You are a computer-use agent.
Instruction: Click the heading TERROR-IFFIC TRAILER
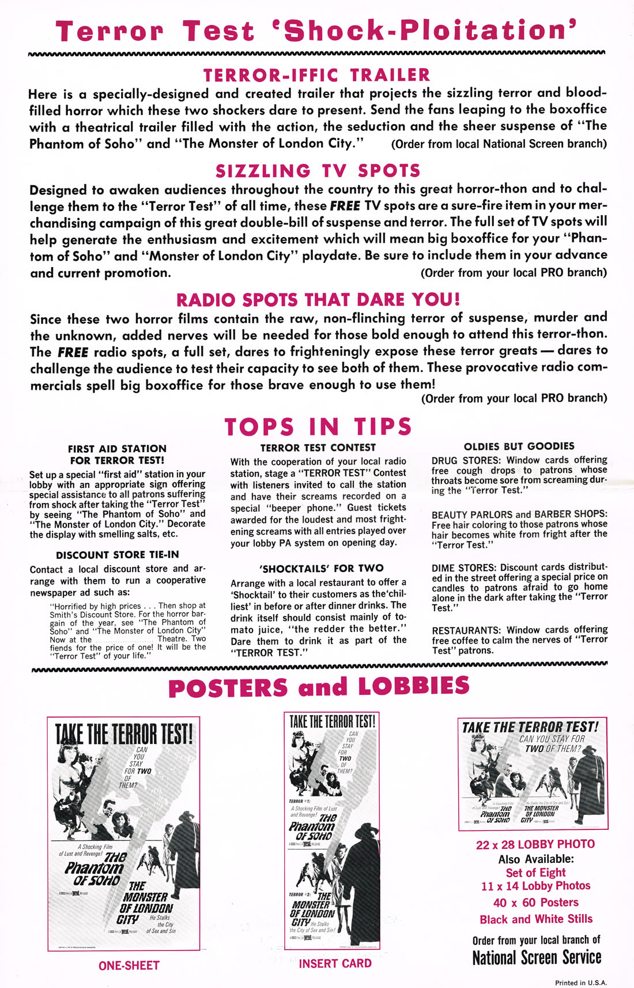tap(316, 75)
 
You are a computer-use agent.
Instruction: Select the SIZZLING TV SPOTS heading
tap(318, 171)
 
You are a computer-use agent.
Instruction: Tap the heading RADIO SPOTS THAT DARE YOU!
tap(318, 300)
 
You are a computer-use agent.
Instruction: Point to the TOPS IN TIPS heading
tap(318, 427)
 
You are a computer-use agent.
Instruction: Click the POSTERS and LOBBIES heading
tap(319, 688)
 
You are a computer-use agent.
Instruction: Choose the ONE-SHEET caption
tap(129, 966)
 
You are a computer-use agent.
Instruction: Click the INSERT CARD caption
tap(335, 963)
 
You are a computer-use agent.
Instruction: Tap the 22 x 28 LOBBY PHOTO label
tap(535, 844)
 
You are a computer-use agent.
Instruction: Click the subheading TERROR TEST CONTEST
tap(318, 448)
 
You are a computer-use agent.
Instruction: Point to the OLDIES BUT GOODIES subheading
tap(519, 446)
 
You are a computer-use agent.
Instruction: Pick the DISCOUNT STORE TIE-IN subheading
tap(118, 555)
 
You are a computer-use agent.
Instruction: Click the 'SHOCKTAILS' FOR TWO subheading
tap(318, 568)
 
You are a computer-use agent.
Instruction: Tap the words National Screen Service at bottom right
tap(537, 958)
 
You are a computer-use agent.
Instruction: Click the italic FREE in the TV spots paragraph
tap(345, 206)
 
